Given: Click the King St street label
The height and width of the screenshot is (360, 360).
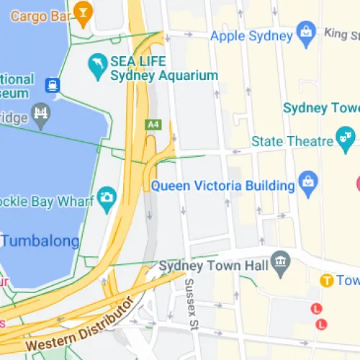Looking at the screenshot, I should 341,33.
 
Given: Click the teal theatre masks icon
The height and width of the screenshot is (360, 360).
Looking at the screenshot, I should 346,136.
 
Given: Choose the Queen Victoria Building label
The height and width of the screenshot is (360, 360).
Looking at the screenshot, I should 223,186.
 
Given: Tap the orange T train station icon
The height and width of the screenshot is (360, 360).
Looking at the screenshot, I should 326,280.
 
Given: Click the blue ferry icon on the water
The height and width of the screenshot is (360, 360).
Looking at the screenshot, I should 53,86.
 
